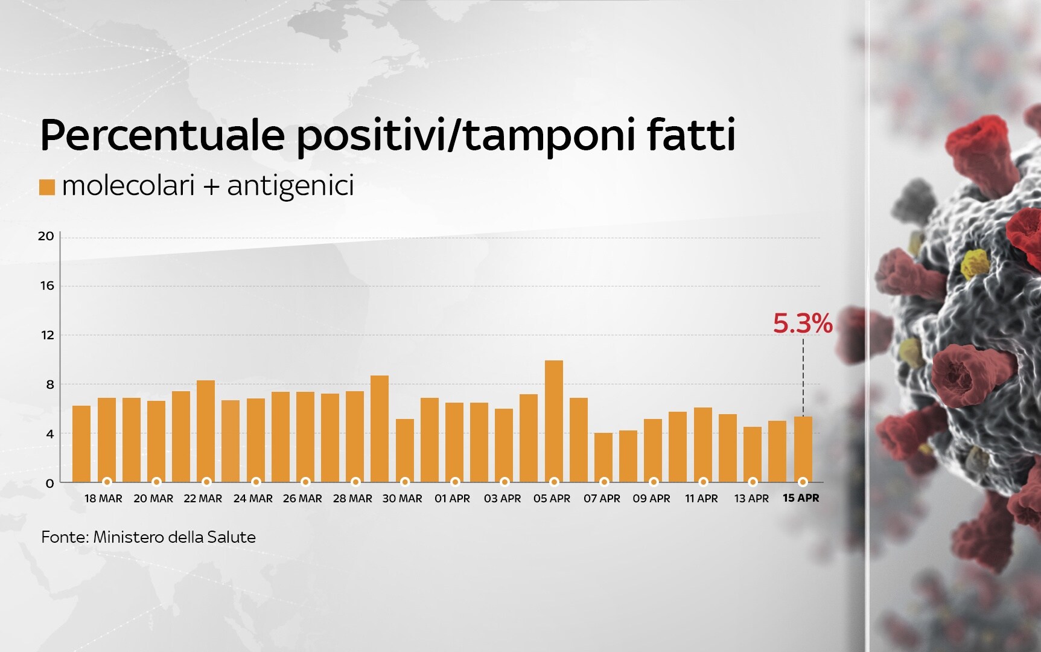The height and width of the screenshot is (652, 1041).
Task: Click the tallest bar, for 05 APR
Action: click(x=554, y=421)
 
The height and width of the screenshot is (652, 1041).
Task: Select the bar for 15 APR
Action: click(x=803, y=449)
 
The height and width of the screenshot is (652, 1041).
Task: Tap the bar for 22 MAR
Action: click(x=206, y=431)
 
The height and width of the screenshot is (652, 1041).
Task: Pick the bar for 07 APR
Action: click(x=603, y=457)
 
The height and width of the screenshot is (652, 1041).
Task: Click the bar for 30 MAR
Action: click(x=405, y=450)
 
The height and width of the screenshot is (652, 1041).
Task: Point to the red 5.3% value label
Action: click(x=803, y=325)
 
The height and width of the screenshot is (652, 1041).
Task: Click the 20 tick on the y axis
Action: click(x=46, y=236)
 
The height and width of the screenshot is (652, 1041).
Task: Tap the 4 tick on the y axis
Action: click(x=50, y=434)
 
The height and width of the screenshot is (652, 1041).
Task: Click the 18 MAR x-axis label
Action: click(x=103, y=499)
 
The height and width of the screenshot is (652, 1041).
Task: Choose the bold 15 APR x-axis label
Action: click(x=801, y=499)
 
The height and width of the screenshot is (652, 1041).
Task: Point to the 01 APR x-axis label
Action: click(x=452, y=499)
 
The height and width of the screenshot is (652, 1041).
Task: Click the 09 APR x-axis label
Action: click(x=651, y=499)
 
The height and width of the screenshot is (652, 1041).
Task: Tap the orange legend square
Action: click(x=47, y=187)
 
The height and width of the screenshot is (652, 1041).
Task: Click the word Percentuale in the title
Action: click(x=162, y=135)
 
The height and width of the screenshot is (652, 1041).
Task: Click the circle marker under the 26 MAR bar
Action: click(x=305, y=482)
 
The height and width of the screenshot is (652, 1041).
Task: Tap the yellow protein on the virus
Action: click(x=975, y=263)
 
